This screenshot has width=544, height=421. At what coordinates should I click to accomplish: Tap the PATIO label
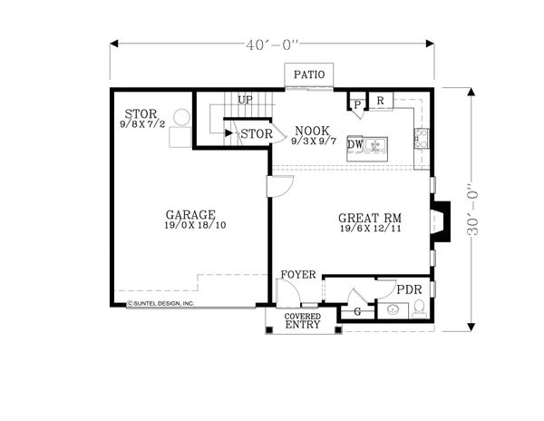[306, 75]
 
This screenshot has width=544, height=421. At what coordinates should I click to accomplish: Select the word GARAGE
[189, 214]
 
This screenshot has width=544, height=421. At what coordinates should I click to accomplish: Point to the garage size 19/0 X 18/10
[195, 225]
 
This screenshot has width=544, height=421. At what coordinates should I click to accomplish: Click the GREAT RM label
[370, 218]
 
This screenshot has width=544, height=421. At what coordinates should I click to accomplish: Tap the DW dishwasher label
[355, 144]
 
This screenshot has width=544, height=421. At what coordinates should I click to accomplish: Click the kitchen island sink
[380, 144]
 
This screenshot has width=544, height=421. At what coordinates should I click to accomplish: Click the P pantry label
[358, 104]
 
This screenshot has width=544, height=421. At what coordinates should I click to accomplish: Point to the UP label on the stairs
[245, 100]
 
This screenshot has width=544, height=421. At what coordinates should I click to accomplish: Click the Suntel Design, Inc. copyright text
[160, 303]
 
